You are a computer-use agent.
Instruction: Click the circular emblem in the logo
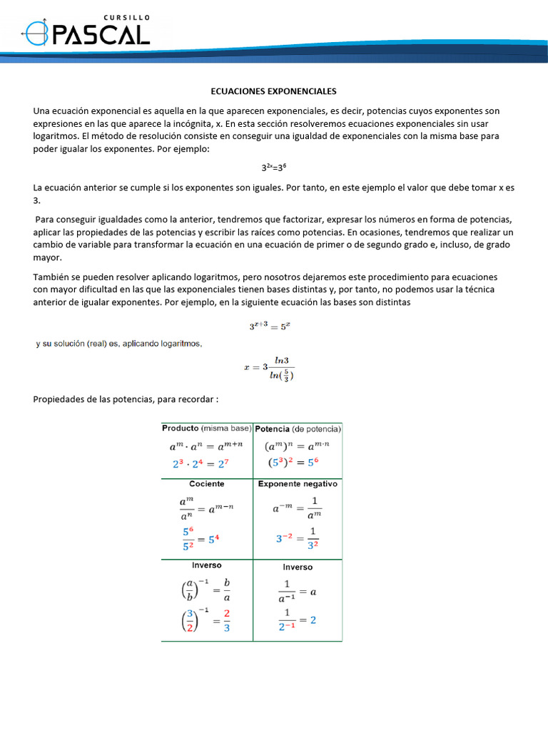point(37,33)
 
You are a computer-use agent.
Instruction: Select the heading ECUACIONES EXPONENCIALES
point(273,92)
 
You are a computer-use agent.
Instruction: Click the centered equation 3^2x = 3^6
point(274,167)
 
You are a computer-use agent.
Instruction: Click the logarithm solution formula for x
point(269,368)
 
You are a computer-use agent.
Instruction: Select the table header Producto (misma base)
point(207,428)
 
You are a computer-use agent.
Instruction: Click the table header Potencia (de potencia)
point(298,429)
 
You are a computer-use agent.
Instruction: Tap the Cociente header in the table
point(207,483)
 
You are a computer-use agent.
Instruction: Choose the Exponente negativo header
point(298,483)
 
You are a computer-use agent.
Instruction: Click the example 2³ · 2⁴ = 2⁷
point(200,463)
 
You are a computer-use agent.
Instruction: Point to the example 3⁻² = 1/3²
point(297,539)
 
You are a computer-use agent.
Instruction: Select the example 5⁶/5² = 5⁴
point(201,539)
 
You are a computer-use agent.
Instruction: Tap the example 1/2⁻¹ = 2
point(297,620)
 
